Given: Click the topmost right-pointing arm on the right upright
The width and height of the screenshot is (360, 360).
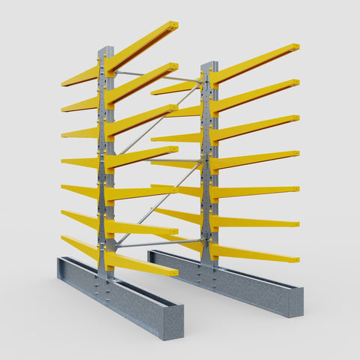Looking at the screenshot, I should [255, 62].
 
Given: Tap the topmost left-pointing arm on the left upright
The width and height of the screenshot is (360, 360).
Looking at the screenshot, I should [79, 76].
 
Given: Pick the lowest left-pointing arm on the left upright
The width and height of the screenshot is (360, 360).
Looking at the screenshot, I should [79, 247].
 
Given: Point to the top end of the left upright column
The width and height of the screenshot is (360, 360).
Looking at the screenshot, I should [106, 50].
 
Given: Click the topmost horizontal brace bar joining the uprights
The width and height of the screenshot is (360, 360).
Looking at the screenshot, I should [157, 76].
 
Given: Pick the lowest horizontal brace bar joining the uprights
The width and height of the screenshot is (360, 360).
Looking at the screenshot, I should [157, 242].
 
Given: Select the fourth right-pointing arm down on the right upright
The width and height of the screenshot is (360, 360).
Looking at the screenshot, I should [255, 158].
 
